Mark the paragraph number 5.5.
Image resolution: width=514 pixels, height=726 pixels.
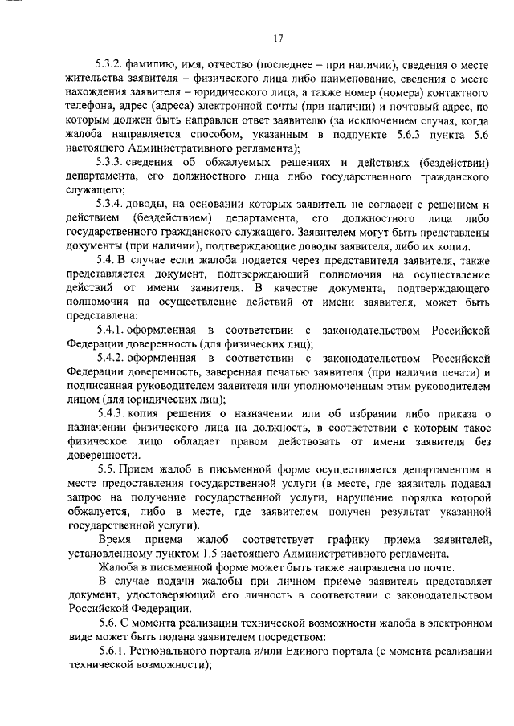point(105,468)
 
